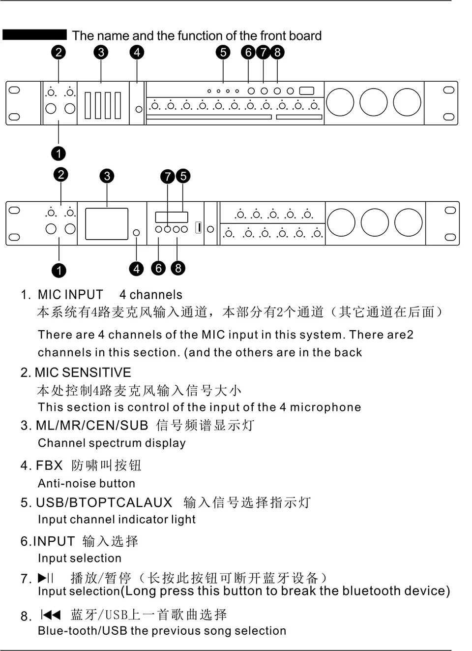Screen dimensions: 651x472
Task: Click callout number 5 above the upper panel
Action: [x=223, y=52]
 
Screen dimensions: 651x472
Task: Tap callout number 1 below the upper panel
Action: [x=59, y=154]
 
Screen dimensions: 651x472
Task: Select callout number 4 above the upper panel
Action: [x=137, y=52]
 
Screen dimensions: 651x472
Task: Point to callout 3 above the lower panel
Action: [x=107, y=176]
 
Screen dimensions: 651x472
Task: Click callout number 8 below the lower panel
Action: [x=178, y=268]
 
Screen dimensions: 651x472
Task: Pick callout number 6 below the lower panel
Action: [x=158, y=268]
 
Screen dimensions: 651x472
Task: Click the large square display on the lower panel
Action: [x=107, y=224]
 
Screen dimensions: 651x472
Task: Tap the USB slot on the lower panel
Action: [x=199, y=227]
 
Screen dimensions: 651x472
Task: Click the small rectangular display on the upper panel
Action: [x=306, y=91]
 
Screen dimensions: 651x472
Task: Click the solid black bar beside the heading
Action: [x=34, y=34]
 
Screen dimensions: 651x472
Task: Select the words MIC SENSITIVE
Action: [x=83, y=372]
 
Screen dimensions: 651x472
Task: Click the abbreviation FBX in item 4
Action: [x=49, y=465]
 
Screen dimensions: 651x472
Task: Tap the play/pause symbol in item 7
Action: [x=46, y=578]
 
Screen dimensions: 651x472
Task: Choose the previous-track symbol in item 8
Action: [x=51, y=615]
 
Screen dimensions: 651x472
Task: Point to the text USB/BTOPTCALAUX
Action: [x=104, y=502]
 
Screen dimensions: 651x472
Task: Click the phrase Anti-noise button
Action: [x=87, y=483]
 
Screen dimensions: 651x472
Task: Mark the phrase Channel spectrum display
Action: [x=112, y=443]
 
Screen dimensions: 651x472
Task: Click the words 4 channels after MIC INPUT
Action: [x=150, y=295]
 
